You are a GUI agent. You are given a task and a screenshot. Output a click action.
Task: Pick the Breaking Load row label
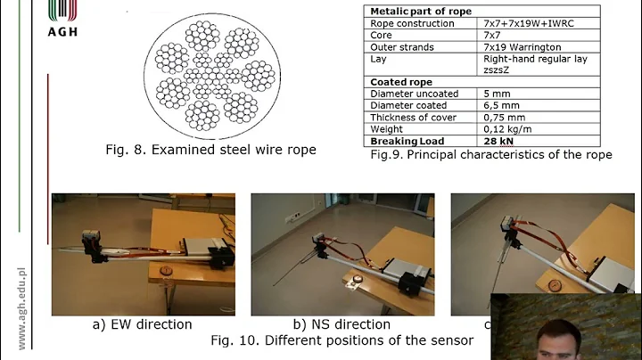point(407,141)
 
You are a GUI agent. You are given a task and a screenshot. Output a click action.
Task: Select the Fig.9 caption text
point(490,155)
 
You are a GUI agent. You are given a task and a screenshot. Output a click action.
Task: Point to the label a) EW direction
point(143,325)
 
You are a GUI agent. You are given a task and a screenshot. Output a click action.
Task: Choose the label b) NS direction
point(342,325)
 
